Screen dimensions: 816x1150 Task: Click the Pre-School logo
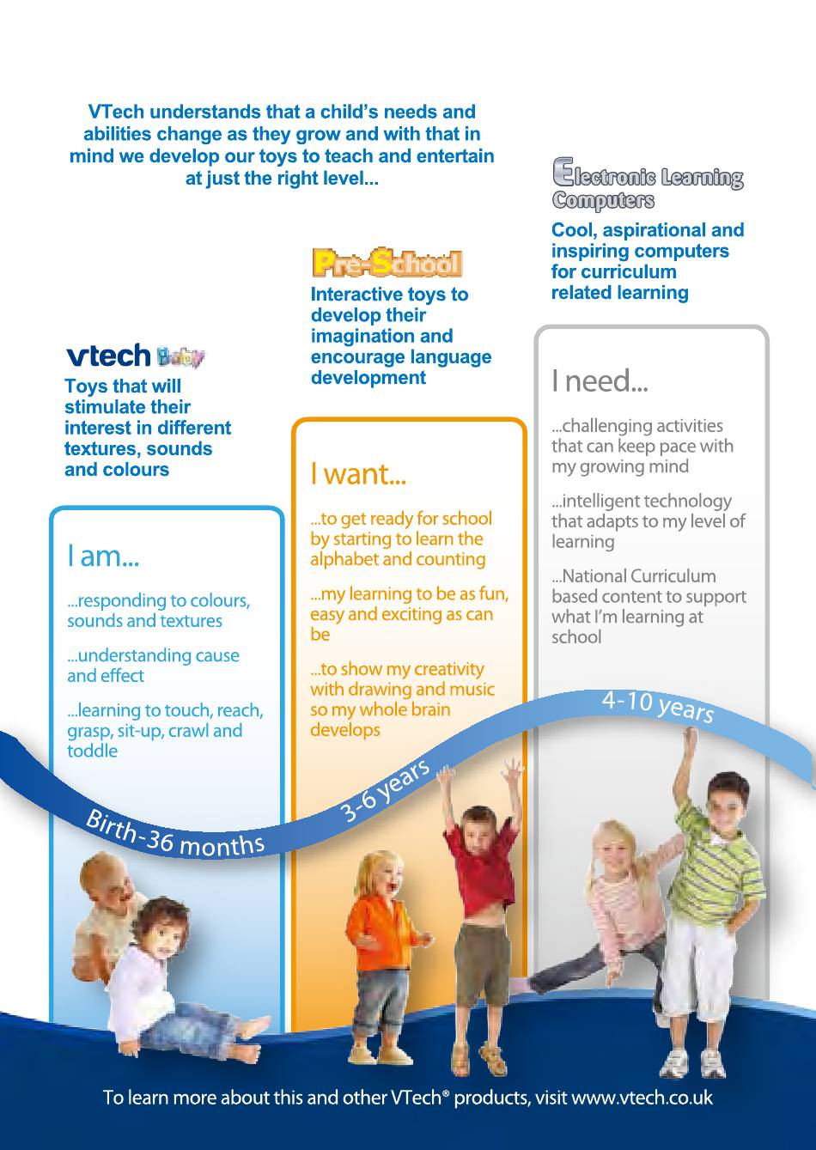pos(387,263)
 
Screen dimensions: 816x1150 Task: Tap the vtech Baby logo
pos(136,356)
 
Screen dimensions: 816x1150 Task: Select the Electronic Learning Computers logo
pos(648,185)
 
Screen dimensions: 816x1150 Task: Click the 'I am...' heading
pos(103,556)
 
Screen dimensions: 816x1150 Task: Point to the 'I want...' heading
pos(358,473)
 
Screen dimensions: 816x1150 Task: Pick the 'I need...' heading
pos(600,381)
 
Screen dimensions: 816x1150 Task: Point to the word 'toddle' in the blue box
pos(93,751)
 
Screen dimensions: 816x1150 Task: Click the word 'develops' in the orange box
pos(345,730)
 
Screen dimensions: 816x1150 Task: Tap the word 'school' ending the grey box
pos(576,637)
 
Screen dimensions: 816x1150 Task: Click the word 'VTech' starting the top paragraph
pos(117,112)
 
